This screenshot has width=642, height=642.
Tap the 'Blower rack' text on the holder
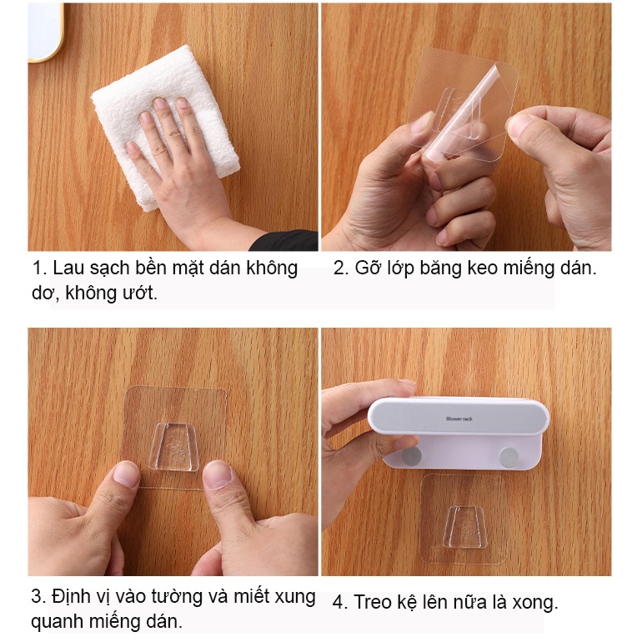pyautogui.click(x=459, y=419)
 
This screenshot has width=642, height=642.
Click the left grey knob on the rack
pyautogui.click(x=412, y=457)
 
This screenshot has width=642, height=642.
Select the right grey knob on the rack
pyautogui.click(x=509, y=458)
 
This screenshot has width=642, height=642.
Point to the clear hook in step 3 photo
pyautogui.click(x=173, y=447)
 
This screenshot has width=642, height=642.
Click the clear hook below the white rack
pyautogui.click(x=464, y=527)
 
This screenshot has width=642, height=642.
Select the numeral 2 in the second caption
pyautogui.click(x=339, y=268)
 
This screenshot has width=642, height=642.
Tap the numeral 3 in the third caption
pyautogui.click(x=37, y=596)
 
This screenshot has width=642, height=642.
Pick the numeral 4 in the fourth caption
pyautogui.click(x=339, y=603)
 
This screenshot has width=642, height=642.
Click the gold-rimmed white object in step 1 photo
pyautogui.click(x=45, y=32)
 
